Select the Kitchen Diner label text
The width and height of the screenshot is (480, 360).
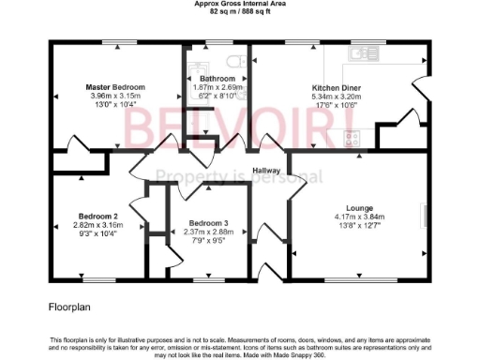pyautogui.click(x=336, y=87)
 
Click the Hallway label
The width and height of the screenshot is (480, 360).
pyautogui.click(x=269, y=171)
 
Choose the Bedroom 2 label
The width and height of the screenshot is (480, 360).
pyautogui.click(x=97, y=216)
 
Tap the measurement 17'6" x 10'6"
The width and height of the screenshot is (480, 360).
pyautogui.click(x=336, y=104)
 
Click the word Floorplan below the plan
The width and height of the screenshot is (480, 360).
pyautogui.click(x=69, y=306)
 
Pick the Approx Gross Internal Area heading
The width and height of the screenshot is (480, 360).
pyautogui.click(x=241, y=5)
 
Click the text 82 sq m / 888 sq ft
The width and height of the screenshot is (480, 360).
pyautogui.click(x=241, y=13)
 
